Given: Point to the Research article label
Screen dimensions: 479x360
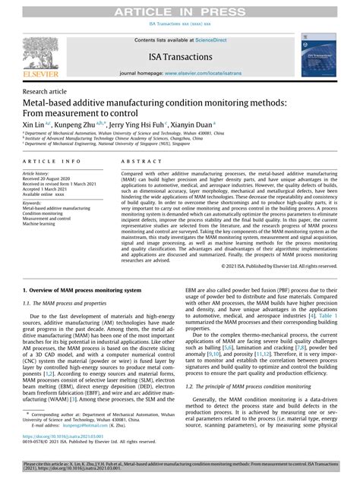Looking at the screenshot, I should point(47,88).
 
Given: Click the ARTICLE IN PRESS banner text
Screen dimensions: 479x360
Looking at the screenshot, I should point(179,8).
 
